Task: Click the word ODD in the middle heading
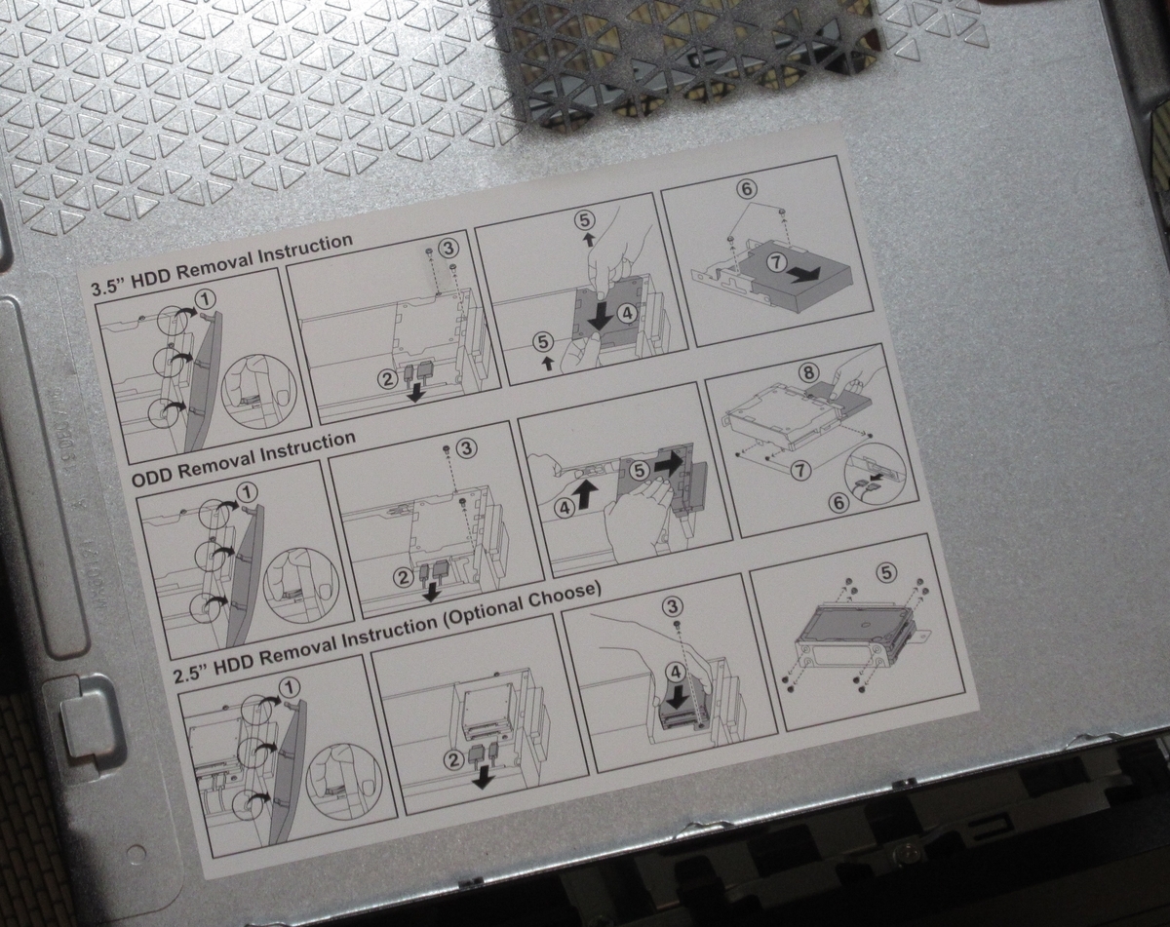(152, 477)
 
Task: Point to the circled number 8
(808, 372)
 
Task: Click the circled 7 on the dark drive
(777, 262)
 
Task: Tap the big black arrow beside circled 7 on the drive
(804, 275)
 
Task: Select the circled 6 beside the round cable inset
(839, 503)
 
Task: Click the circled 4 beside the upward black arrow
(565, 508)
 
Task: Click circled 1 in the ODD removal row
(248, 493)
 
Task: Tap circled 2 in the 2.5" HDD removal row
(454, 760)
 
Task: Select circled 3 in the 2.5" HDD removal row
(674, 605)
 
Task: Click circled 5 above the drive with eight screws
(886, 572)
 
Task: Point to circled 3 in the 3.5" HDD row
(449, 249)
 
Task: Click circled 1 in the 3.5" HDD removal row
(206, 298)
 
